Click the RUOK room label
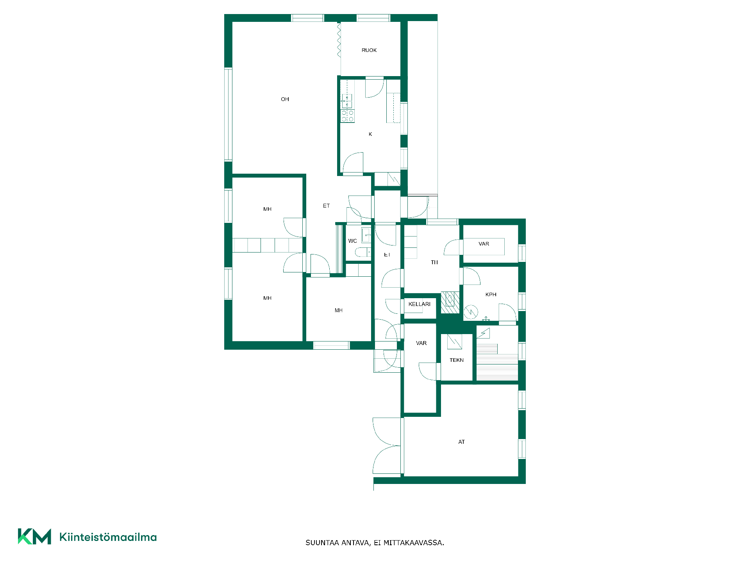coord(369,50)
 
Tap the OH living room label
coord(285,100)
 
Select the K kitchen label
coord(370,134)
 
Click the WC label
coord(352,241)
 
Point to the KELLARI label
coord(420,304)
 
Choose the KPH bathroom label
coord(491,295)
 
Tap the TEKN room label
coord(457,360)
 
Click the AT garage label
coord(462,442)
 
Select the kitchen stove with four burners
coord(348,116)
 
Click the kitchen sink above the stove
coord(347,101)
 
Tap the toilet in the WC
coord(363,252)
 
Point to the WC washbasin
coord(366,235)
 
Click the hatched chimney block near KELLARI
coord(450,302)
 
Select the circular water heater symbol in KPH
coord(471,312)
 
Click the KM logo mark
coord(34,537)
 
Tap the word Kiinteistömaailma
coord(108,537)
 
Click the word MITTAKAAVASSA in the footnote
coord(414,543)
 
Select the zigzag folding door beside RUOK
coord(339,40)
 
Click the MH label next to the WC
coord(339,311)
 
